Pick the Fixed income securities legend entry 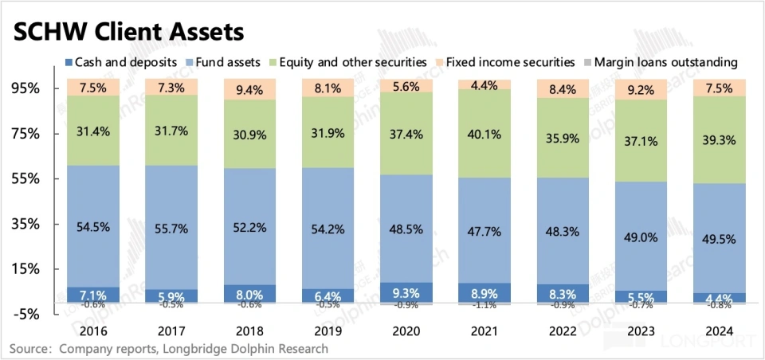(509, 62)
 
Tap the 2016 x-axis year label (93, 331)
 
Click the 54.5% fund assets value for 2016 (93, 227)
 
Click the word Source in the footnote (30, 349)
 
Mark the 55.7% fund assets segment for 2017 (172, 229)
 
